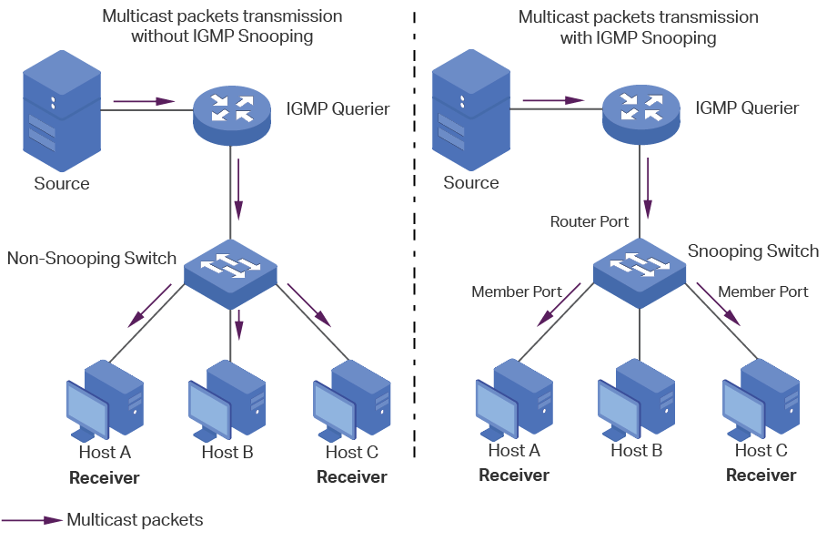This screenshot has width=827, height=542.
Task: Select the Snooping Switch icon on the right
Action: pyautogui.click(x=639, y=271)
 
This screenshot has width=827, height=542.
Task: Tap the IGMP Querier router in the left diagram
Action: pyautogui.click(x=231, y=110)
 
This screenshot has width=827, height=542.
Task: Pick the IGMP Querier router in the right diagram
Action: pyautogui.click(x=640, y=110)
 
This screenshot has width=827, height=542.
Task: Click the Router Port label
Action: pyautogui.click(x=589, y=222)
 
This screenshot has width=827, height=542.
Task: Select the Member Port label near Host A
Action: pyautogui.click(x=516, y=291)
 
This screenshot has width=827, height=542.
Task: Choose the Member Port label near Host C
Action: pyautogui.click(x=762, y=291)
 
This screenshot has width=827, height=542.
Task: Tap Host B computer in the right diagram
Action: pyautogui.click(x=636, y=401)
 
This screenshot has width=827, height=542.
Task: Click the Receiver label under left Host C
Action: pyautogui.click(x=351, y=476)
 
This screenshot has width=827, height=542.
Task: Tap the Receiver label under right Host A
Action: pyautogui.click(x=514, y=475)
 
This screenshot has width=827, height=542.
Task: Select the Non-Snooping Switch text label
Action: pyautogui.click(x=92, y=258)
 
